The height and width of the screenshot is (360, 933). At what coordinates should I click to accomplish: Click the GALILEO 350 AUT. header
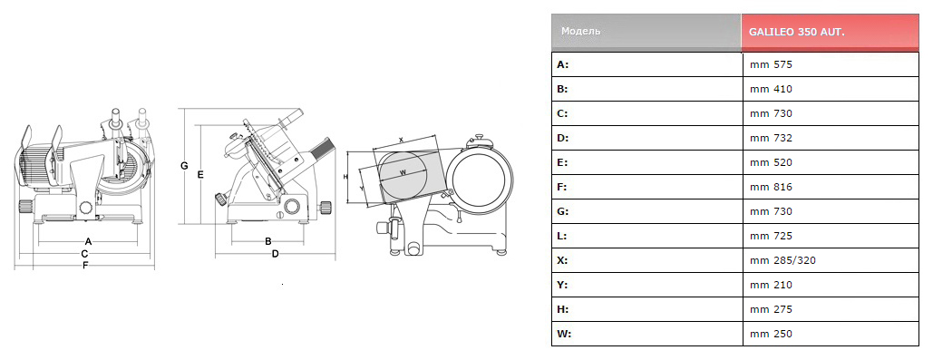(x=797, y=32)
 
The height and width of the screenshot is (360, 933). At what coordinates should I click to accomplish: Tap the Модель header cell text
(x=580, y=31)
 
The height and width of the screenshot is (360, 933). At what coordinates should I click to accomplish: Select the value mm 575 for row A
(x=771, y=64)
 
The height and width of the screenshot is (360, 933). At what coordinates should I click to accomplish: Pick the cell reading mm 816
(x=771, y=187)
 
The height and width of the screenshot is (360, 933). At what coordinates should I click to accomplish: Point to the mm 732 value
(x=771, y=138)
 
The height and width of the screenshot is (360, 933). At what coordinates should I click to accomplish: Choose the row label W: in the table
(x=564, y=334)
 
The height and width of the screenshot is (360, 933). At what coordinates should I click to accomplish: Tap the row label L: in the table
(x=562, y=237)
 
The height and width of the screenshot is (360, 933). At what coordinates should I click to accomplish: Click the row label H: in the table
(x=563, y=309)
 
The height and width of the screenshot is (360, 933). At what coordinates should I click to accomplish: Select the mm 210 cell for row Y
(x=771, y=285)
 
